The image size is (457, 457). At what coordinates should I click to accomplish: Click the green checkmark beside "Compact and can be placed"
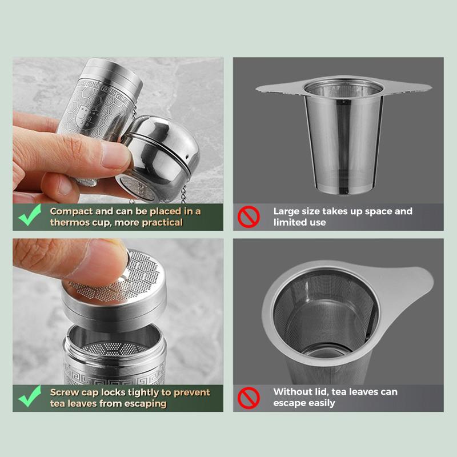point(29,215)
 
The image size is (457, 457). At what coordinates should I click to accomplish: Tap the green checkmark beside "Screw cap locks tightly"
point(29,396)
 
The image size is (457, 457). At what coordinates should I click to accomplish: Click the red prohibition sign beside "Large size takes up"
point(248,217)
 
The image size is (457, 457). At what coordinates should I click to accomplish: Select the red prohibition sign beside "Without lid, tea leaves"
point(248,398)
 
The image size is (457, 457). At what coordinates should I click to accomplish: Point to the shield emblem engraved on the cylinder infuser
point(87,116)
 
